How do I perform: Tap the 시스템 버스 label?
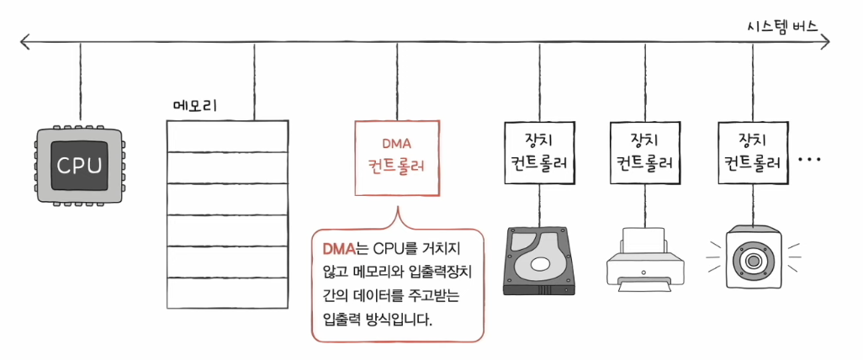(782, 26)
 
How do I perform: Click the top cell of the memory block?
(227, 136)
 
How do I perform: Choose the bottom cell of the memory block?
(227, 293)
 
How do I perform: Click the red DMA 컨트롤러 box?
(397, 158)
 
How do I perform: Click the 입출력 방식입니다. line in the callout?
(379, 320)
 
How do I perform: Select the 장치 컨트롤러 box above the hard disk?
(539, 152)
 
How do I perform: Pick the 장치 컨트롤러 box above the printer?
(646, 152)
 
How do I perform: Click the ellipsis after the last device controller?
(809, 160)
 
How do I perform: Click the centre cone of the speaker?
(752, 258)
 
